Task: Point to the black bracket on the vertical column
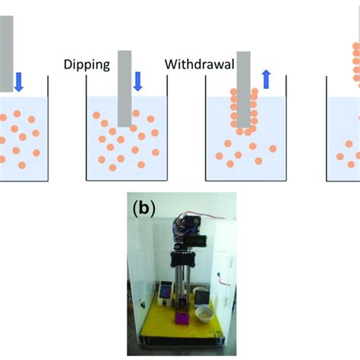click(x=182, y=255)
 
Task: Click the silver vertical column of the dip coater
click(x=181, y=285)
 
